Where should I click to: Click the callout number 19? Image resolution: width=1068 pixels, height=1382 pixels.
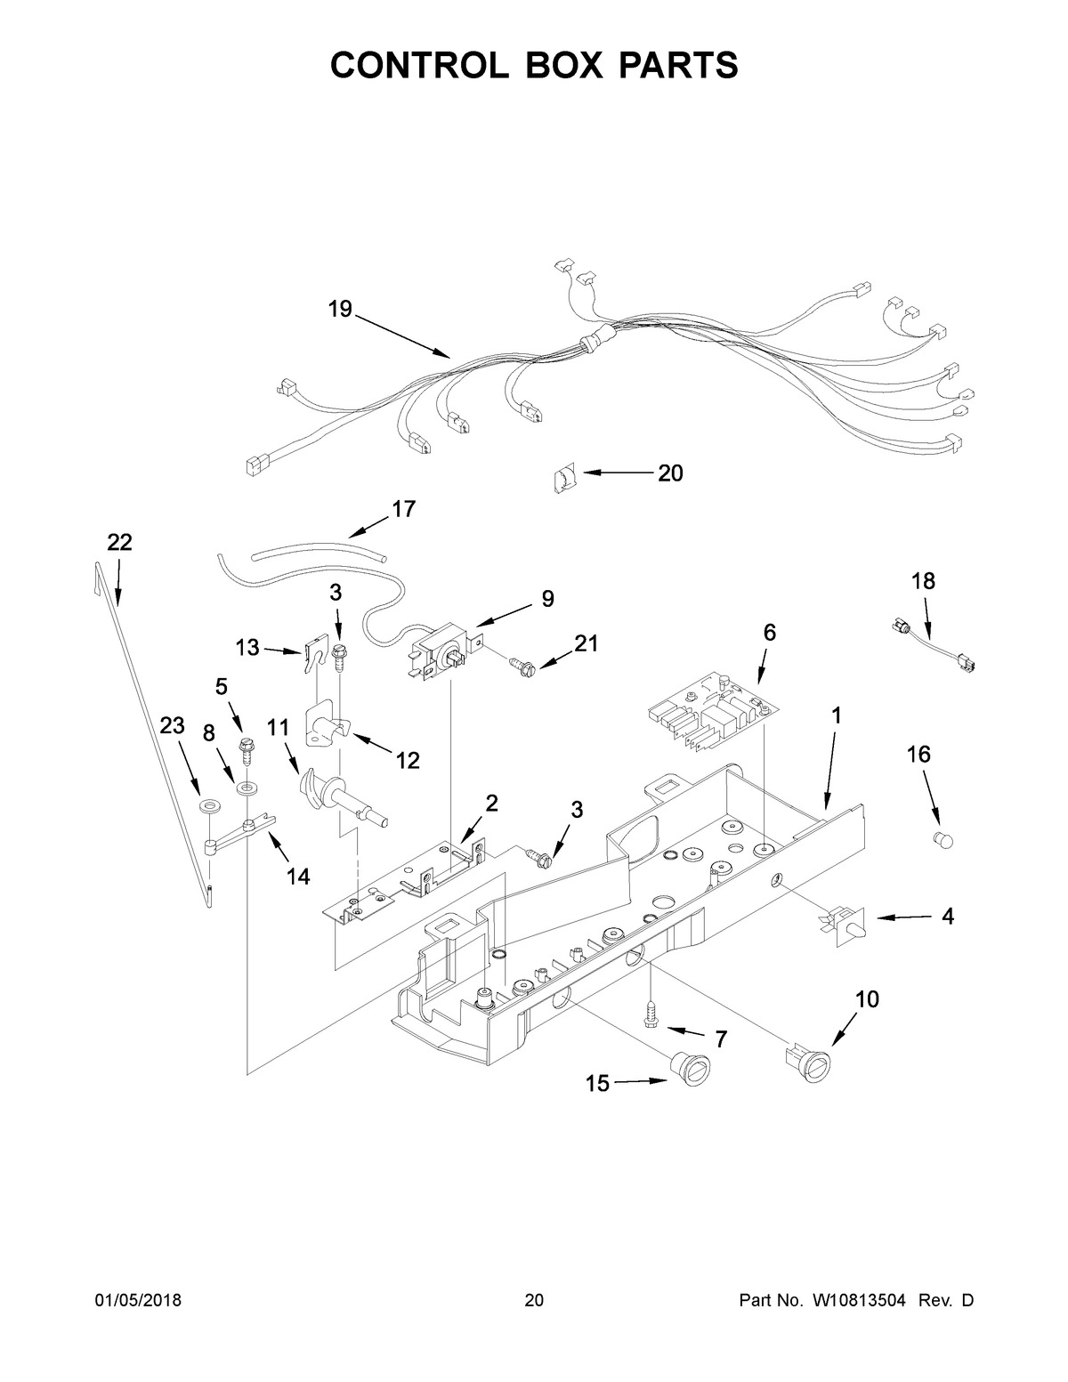[340, 309]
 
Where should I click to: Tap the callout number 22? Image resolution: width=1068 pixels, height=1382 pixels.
[119, 542]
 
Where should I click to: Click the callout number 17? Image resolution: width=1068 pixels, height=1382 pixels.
[403, 509]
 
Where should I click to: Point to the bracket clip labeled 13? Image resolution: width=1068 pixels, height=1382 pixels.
[312, 657]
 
